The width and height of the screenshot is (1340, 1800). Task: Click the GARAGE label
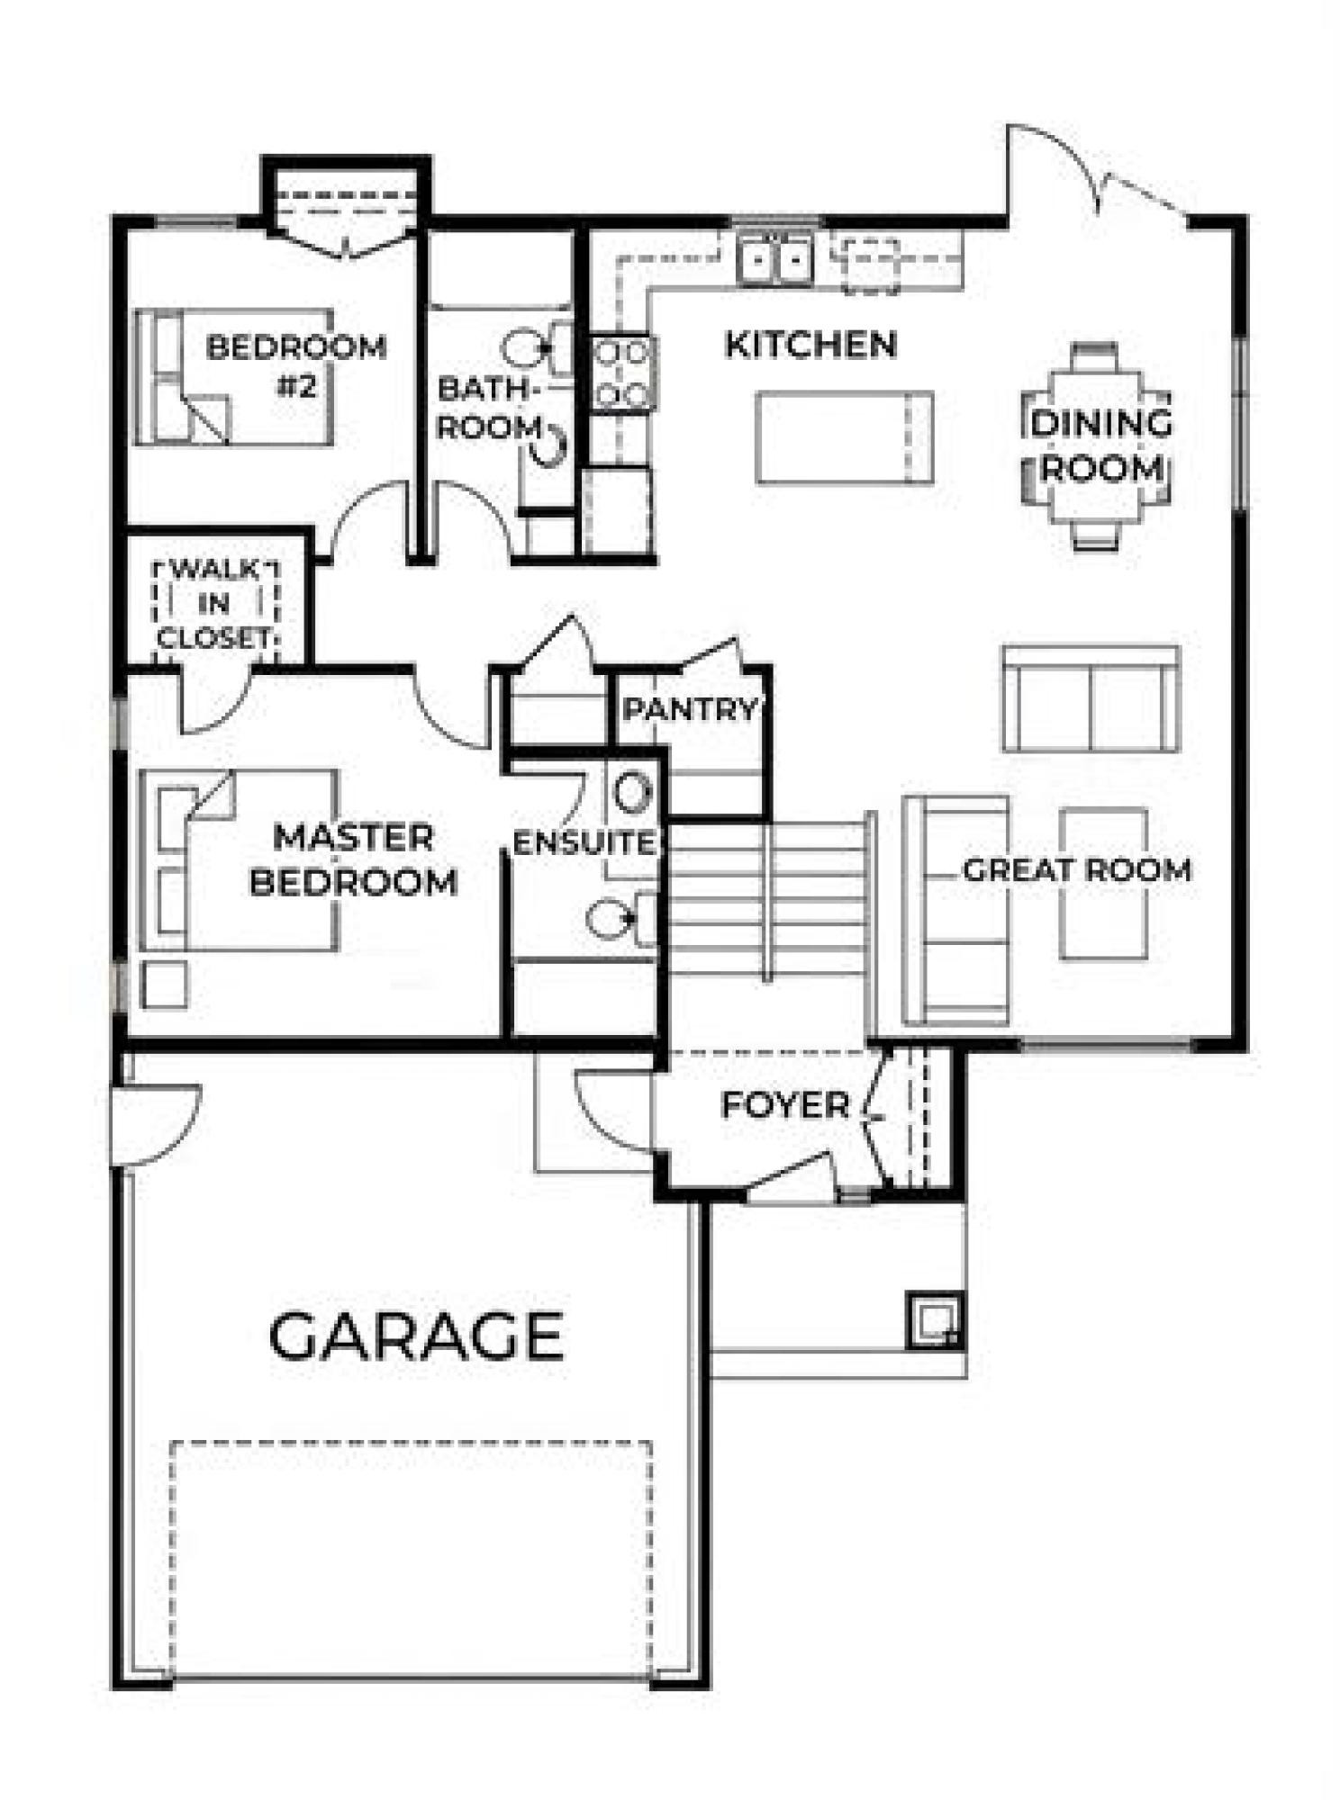416,1336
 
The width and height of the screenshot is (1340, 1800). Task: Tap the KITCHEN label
811,345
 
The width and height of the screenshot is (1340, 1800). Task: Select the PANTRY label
691,709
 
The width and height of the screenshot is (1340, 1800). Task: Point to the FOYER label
785,1105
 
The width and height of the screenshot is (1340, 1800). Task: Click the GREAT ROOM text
1077,869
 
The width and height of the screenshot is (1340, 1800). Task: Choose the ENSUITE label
584,842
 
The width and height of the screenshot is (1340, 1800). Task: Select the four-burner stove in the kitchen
622,373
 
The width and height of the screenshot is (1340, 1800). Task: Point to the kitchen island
844,436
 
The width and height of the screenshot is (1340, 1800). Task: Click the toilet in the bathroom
538,346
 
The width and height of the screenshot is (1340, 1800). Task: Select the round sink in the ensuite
632,792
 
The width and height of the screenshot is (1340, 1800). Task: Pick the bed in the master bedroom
240,859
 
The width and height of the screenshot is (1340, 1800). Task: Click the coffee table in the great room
1105,884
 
